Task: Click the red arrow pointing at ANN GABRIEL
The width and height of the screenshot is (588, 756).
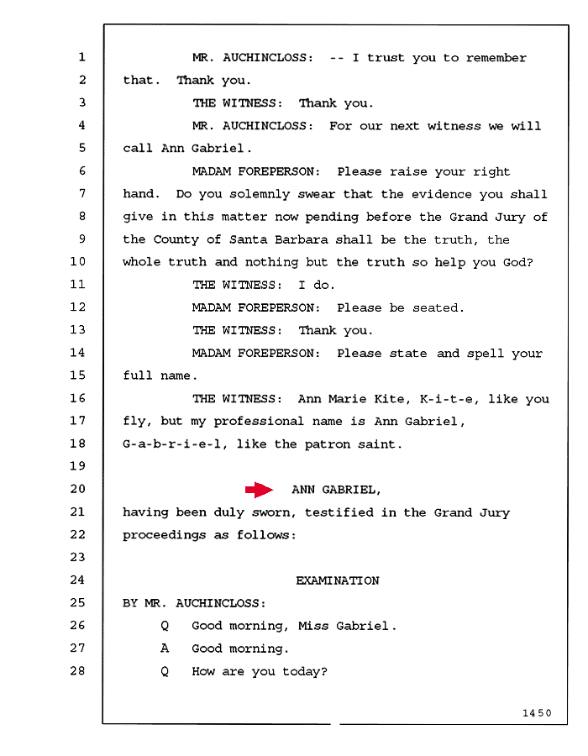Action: [260, 490]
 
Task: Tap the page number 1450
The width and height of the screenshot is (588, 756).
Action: [537, 712]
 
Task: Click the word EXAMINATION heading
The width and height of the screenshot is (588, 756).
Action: [338, 580]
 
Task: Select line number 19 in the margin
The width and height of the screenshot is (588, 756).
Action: [77, 466]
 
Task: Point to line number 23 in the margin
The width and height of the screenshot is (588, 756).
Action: [77, 558]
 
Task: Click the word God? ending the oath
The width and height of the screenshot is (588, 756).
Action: [518, 262]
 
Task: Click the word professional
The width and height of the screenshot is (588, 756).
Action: [259, 422]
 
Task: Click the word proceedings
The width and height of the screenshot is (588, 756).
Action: [165, 535]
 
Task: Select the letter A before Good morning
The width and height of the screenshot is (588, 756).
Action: [165, 648]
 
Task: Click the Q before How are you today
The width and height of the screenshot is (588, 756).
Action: [165, 672]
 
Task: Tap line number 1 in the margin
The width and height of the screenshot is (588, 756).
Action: [82, 57]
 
